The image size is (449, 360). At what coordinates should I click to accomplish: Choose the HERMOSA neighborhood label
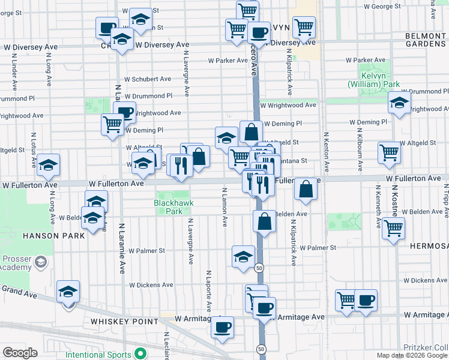[x=429, y=246]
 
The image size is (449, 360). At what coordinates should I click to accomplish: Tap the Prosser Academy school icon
[x=40, y=262]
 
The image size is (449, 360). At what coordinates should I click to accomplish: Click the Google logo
[x=20, y=353]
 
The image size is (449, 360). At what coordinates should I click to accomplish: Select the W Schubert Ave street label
[x=148, y=79]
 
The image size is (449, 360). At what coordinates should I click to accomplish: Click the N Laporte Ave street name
[x=209, y=291]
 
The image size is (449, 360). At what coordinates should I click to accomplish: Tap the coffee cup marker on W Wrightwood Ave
[x=125, y=112]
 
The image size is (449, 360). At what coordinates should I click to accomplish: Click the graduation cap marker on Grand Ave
[x=68, y=292]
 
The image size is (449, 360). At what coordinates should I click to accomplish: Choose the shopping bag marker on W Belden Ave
[x=264, y=222]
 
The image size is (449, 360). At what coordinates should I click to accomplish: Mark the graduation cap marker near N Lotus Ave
[x=48, y=165]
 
